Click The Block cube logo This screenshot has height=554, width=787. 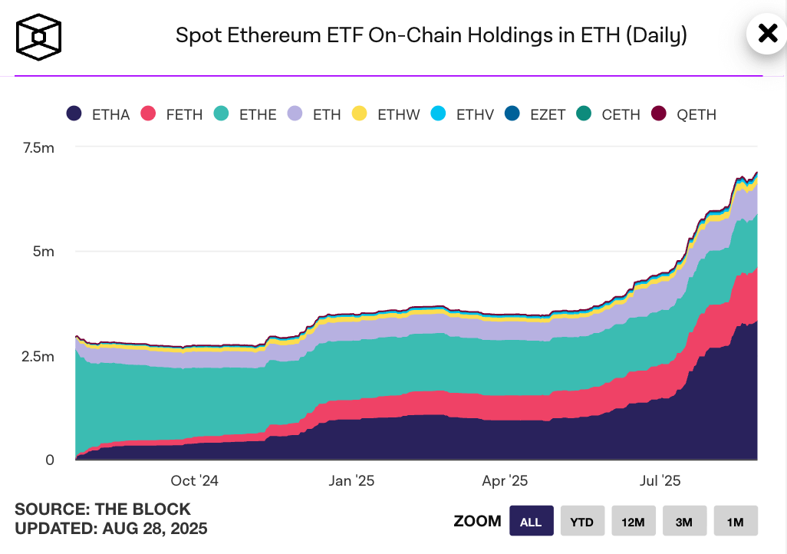pos(38,36)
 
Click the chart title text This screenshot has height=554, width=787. pos(431,35)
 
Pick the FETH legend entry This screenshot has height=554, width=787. pos(172,114)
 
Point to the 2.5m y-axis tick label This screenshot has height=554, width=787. pos(38,356)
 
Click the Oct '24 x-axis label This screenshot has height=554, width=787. pos(195,481)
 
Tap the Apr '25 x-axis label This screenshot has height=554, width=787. pos(505,481)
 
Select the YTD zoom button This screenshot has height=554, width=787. pos(582,522)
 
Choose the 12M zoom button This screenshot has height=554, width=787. pos(633,522)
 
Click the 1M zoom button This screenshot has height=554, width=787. pos(735,522)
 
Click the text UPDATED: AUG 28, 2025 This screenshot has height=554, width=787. pos(111,529)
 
